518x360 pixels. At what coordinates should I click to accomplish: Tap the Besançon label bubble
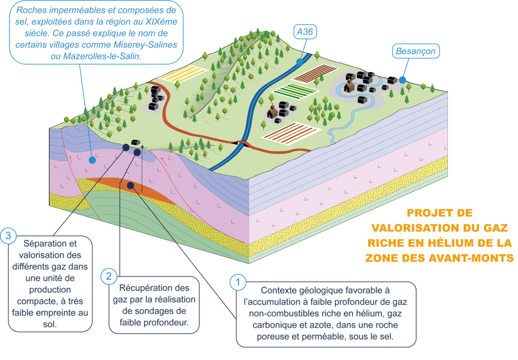tap(415, 51)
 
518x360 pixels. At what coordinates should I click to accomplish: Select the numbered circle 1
tap(238, 282)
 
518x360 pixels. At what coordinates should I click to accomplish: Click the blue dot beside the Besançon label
tap(402, 79)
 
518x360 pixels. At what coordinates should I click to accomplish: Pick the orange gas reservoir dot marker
tap(131, 185)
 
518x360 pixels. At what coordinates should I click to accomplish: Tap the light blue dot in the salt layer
tap(92, 160)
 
